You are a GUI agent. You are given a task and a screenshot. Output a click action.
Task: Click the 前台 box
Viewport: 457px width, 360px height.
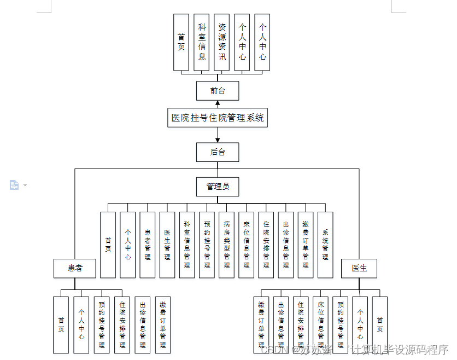218,91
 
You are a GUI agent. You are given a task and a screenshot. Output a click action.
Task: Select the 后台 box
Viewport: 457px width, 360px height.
218,152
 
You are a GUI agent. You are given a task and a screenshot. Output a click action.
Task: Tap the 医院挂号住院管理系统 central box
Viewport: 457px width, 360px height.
218,118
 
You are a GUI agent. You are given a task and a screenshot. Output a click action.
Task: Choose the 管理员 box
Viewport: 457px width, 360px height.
218,187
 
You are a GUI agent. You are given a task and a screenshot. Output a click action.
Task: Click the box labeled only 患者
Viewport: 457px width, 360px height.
75,268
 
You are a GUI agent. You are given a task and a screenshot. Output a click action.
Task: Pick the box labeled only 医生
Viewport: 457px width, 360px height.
359,268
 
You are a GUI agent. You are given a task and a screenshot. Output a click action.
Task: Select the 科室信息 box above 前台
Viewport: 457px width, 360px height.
202,42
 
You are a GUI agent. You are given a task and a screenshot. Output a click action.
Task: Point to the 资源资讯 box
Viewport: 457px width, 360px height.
222,42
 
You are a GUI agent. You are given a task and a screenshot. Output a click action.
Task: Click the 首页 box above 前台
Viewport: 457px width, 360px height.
181,42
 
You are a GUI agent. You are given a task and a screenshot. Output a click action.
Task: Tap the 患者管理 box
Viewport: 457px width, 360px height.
148,245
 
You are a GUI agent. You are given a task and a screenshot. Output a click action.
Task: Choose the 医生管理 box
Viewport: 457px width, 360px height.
167,245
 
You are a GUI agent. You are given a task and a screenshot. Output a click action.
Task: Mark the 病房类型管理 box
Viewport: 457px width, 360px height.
226,245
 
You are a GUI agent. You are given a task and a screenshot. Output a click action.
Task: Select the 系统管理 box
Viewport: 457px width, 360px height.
325,245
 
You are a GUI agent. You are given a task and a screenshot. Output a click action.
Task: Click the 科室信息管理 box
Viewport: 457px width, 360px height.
187,245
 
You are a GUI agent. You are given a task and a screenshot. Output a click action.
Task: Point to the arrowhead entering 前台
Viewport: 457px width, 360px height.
218,103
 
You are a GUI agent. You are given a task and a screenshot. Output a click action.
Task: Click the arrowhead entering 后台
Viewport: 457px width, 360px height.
218,140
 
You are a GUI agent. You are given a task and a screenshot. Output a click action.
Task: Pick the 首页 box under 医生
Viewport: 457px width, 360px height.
380,324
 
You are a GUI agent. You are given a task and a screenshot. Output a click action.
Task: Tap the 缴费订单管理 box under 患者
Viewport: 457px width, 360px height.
163,324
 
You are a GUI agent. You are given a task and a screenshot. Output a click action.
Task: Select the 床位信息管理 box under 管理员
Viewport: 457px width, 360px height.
246,245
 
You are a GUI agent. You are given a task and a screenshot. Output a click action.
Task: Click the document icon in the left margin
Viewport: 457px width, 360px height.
14,185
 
